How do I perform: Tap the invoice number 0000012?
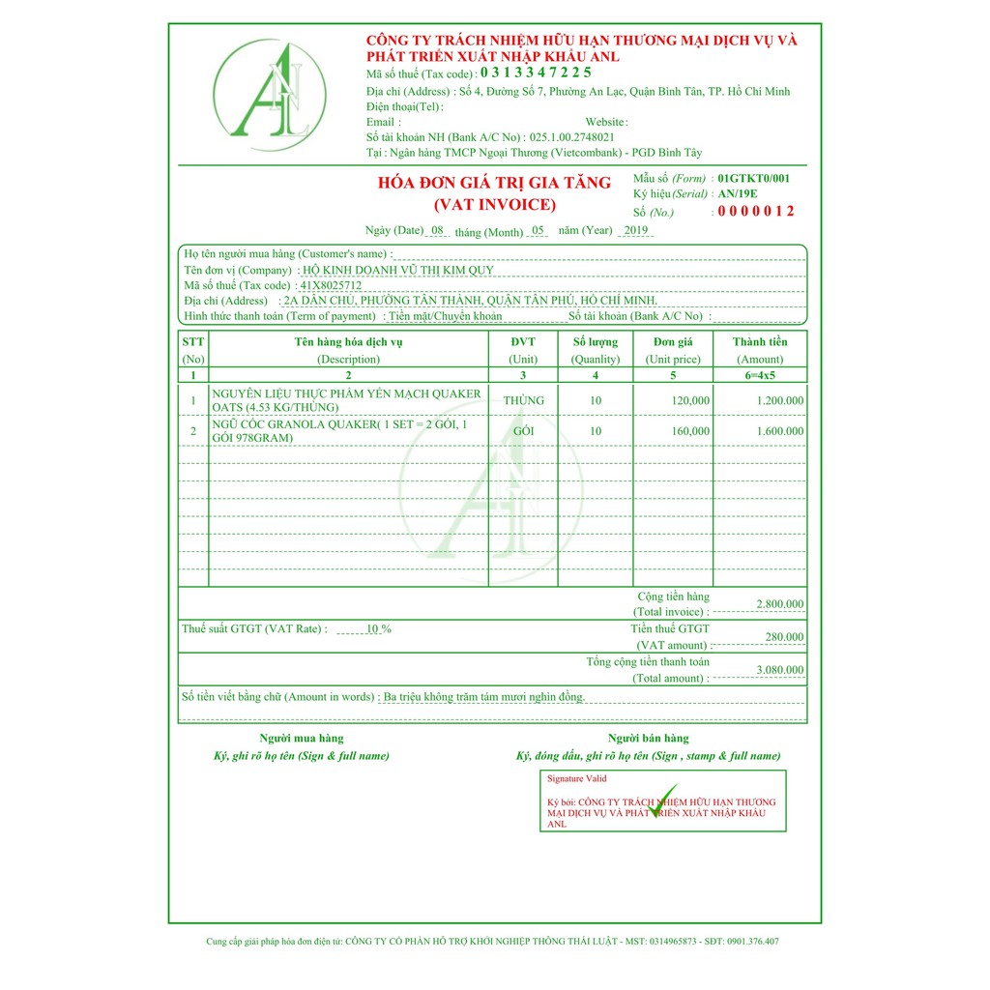(755, 212)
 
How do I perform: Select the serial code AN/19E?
(739, 193)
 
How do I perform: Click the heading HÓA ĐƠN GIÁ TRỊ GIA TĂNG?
(494, 183)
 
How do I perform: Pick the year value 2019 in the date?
(636, 230)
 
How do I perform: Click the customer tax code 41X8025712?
(332, 285)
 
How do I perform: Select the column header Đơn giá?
(673, 341)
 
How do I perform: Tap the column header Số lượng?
(596, 341)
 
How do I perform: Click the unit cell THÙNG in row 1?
(524, 400)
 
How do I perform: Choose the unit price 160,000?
(690, 431)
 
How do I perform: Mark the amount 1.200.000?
(780, 400)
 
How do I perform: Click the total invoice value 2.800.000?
(779, 604)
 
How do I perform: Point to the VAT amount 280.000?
(783, 637)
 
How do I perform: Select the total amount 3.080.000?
(779, 670)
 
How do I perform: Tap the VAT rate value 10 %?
(378, 629)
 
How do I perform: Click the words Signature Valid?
(577, 778)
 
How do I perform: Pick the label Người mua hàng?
(301, 739)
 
